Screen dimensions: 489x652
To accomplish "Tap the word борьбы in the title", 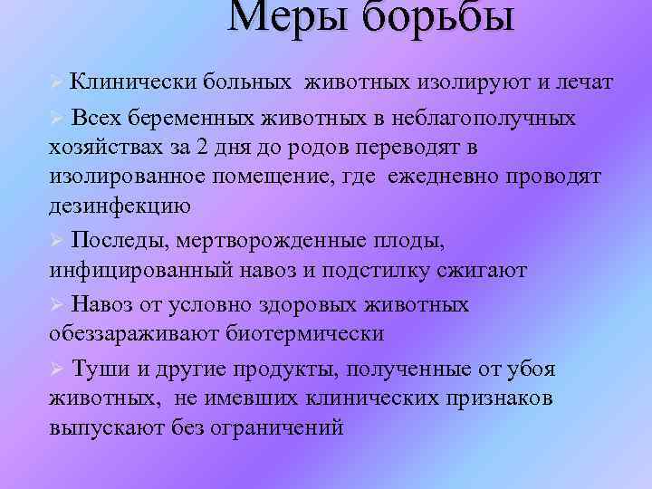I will pyautogui.click(x=436, y=18).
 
